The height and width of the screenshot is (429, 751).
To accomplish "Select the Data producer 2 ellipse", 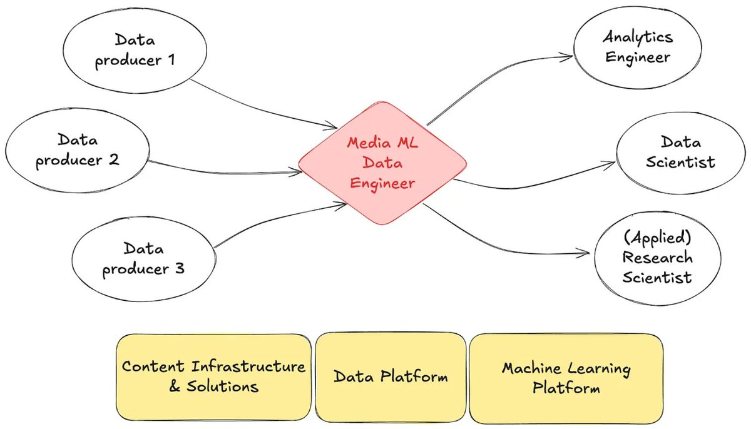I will [x=77, y=151].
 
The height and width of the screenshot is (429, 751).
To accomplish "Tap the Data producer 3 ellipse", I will [x=143, y=259].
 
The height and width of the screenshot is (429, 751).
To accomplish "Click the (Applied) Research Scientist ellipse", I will [x=656, y=258].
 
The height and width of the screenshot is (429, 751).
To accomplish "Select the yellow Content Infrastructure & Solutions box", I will [x=213, y=377].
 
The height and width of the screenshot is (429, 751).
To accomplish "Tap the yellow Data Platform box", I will [x=391, y=376].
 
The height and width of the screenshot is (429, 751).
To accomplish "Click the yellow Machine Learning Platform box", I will [x=566, y=378].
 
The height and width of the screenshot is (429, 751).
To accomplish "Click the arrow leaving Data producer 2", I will [x=225, y=168].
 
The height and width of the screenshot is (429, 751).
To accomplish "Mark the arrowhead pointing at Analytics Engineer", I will [x=567, y=56].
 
